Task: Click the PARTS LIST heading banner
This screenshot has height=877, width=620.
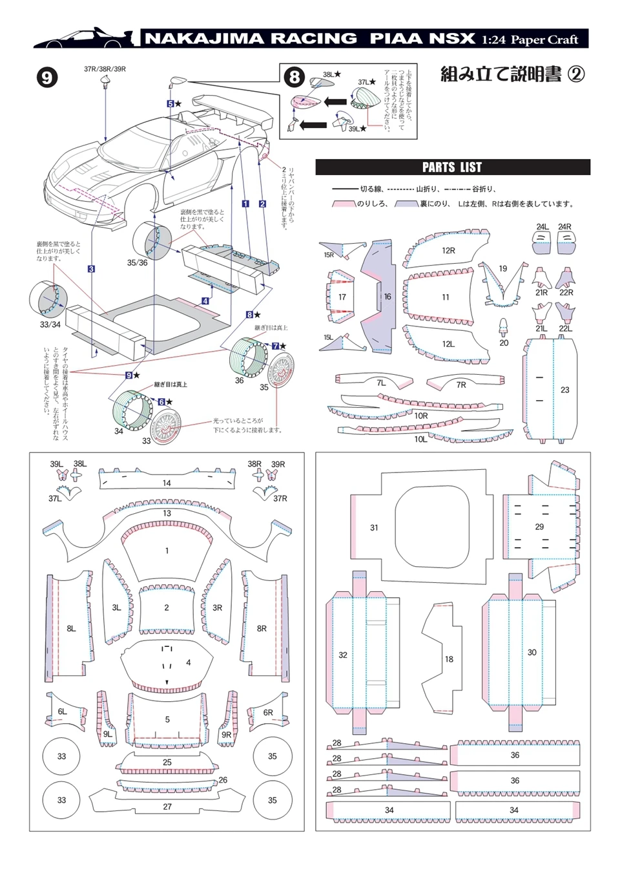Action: tap(452, 167)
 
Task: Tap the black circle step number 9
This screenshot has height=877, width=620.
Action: tap(46, 78)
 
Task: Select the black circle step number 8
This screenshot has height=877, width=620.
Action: tap(294, 77)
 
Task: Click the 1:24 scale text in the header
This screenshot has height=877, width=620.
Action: tap(493, 39)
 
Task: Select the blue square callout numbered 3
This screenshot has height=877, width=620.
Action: tap(92, 269)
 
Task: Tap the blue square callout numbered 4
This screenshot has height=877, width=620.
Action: tap(205, 301)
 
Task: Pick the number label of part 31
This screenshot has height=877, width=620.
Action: tap(374, 527)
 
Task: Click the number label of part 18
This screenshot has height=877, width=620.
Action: tap(449, 659)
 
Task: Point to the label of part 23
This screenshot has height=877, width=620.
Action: tap(565, 390)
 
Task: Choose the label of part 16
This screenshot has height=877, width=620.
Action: tap(387, 297)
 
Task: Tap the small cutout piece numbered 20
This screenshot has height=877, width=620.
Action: tap(503, 326)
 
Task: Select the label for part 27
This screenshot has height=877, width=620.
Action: tap(167, 807)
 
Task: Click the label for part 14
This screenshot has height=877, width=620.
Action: tap(167, 483)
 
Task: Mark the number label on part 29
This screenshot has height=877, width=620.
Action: tap(539, 527)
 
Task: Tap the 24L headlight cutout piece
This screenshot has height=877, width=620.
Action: tap(542, 243)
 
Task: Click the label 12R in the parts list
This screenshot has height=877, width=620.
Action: tap(448, 251)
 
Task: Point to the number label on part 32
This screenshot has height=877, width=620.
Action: tap(343, 655)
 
